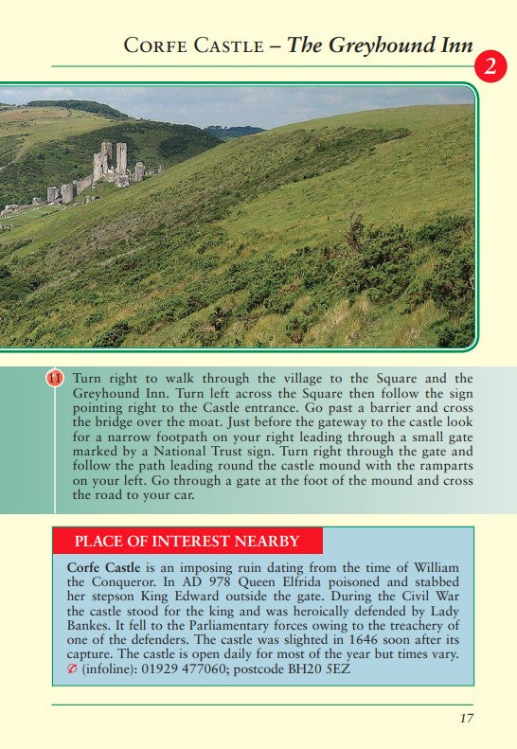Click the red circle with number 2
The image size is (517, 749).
click(x=490, y=66)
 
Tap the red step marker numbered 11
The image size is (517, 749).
click(x=55, y=379)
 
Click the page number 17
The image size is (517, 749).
click(x=466, y=718)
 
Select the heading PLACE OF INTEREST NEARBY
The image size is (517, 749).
click(x=187, y=542)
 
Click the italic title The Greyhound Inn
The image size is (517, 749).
click(x=379, y=45)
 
